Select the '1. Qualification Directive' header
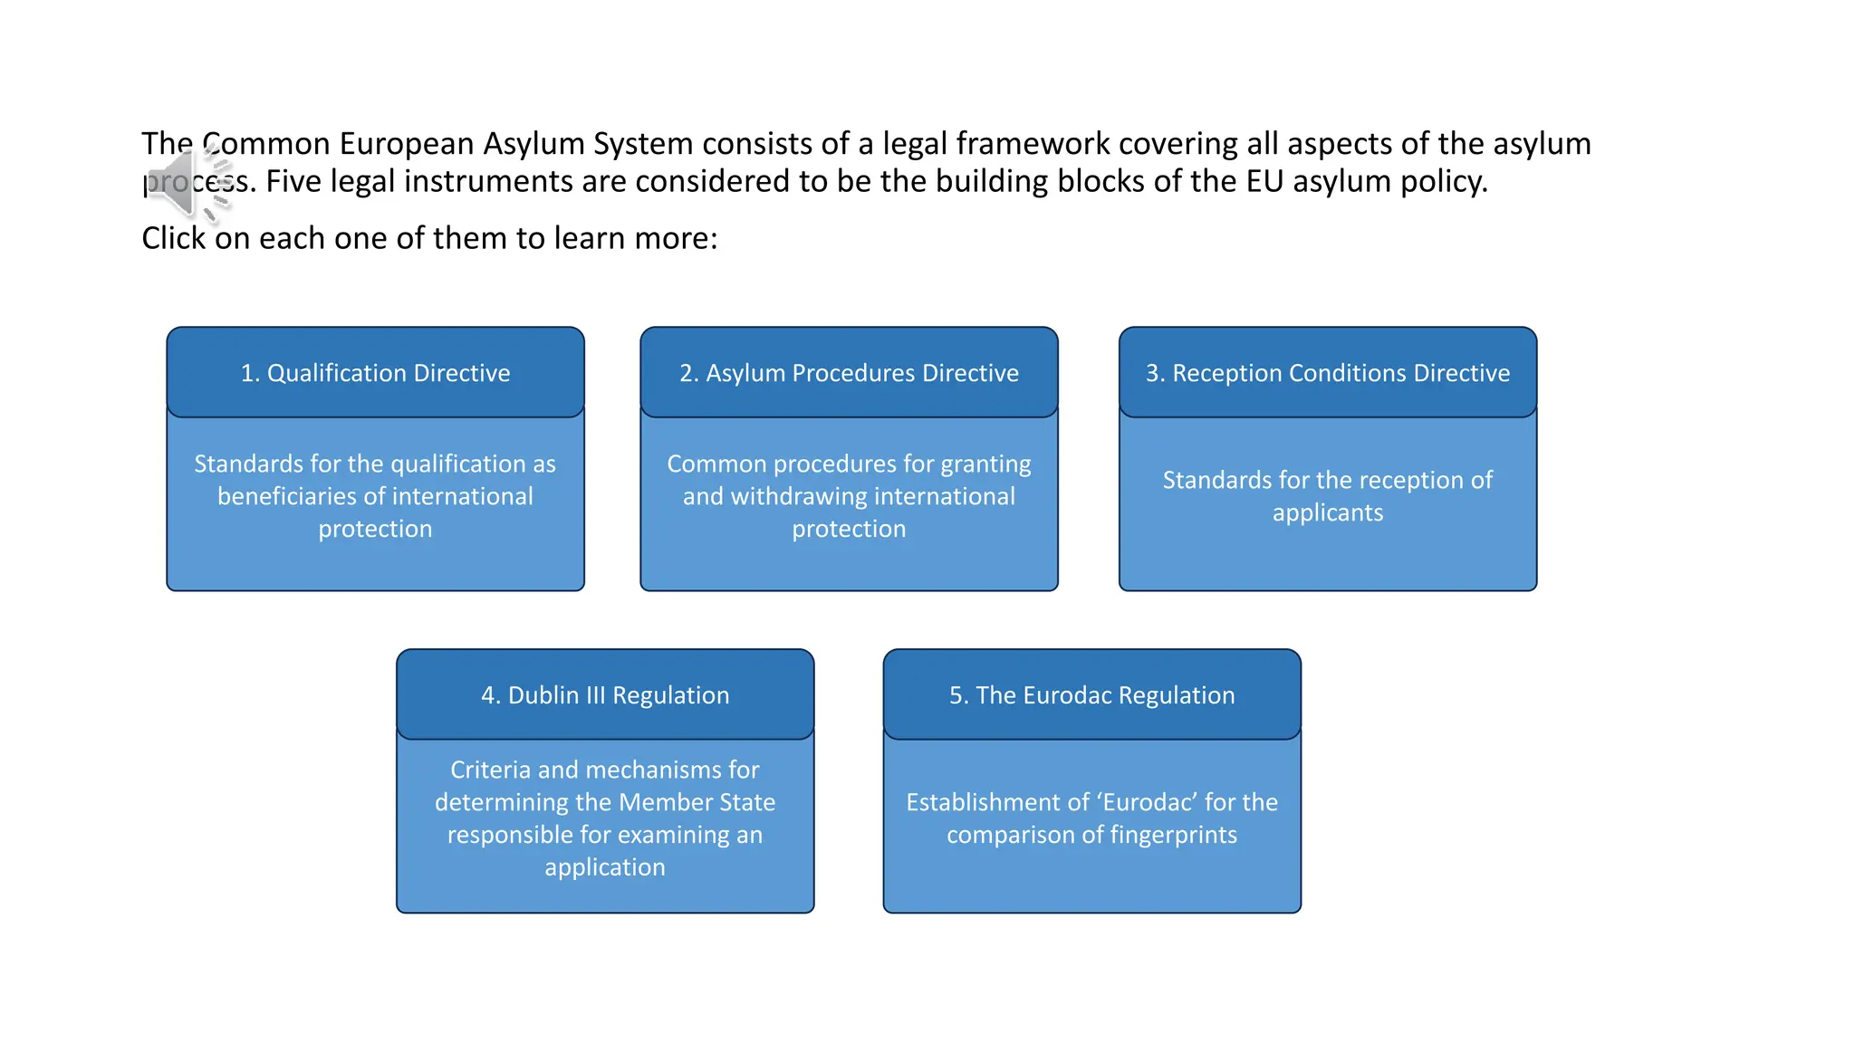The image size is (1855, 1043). pos(375,373)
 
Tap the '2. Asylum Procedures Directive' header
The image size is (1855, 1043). pos(849,373)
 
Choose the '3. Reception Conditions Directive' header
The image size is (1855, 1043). pos(1327,373)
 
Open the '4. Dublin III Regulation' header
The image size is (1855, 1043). pos(605,695)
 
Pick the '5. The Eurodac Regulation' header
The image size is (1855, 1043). pos(1091,695)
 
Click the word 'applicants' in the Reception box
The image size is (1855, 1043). pos(1327,512)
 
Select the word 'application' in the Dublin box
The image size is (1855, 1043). pos(605,867)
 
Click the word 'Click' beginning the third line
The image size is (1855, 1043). pos(173,238)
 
